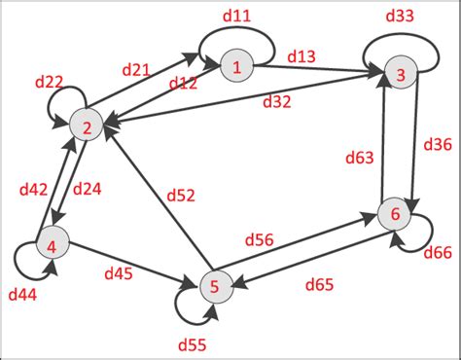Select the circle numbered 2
tap(86, 126)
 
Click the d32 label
tap(283, 100)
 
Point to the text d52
tap(180, 196)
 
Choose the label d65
tap(322, 285)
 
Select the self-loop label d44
tap(23, 293)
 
